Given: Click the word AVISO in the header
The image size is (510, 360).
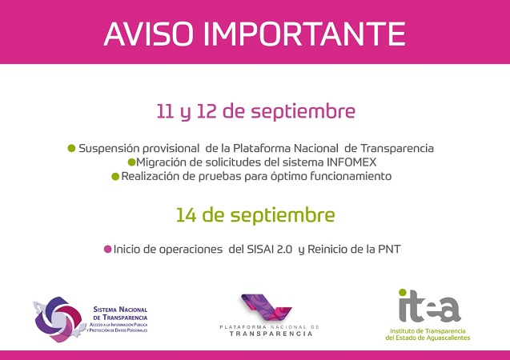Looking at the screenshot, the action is point(149,34).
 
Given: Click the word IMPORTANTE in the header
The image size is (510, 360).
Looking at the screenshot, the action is point(305,34).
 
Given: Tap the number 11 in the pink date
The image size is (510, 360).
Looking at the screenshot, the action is point(165,111).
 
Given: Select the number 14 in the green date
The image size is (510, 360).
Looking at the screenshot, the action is point(186,215).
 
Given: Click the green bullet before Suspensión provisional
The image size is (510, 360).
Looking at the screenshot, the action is point(71,149).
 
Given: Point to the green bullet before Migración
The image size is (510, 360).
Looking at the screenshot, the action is point(132,162).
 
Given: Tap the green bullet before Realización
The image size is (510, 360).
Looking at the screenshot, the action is point(115,177).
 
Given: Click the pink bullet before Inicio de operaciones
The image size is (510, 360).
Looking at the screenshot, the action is point(107,250).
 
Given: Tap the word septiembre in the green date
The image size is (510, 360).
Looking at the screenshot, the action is point(283,216).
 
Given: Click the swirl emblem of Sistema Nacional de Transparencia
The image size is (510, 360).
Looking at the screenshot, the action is point(58,319).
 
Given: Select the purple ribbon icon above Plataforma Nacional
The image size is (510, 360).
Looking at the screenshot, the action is point(266,308).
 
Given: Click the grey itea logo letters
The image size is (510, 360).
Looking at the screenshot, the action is point(430,308).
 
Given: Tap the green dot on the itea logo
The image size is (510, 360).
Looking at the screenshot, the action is point(403,293).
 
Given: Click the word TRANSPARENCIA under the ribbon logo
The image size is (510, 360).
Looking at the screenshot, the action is point(271,334).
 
